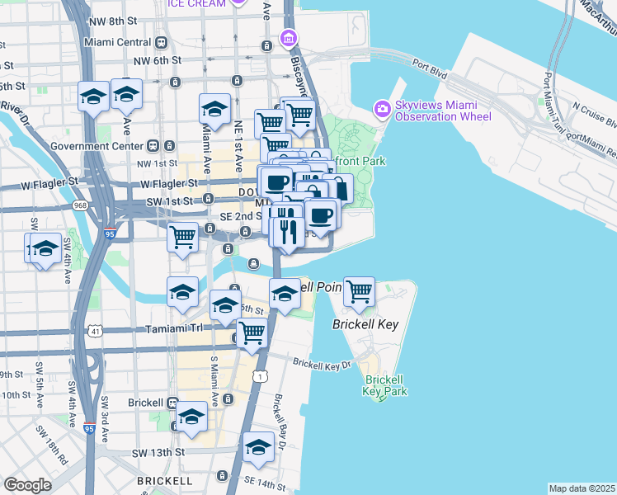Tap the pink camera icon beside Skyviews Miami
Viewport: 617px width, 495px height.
click(x=382, y=107)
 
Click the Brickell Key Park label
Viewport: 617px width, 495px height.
click(x=382, y=385)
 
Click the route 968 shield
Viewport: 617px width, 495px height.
click(x=78, y=205)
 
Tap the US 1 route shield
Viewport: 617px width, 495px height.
click(x=261, y=376)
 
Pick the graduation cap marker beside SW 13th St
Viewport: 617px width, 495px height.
click(x=258, y=448)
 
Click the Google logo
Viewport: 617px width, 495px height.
click(x=27, y=485)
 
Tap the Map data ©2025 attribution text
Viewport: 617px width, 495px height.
click(x=582, y=488)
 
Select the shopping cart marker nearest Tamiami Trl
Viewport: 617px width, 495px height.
click(x=252, y=333)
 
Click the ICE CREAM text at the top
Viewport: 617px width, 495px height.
click(x=196, y=4)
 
